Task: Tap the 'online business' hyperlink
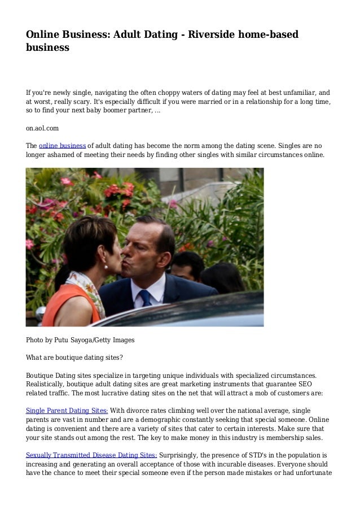tap(62, 145)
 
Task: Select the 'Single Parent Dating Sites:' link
tap(67, 410)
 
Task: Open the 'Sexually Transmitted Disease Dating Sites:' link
tap(91, 455)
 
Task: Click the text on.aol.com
tap(42, 128)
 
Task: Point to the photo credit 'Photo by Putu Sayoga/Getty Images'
tap(80, 340)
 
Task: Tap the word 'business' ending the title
tap(47, 47)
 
